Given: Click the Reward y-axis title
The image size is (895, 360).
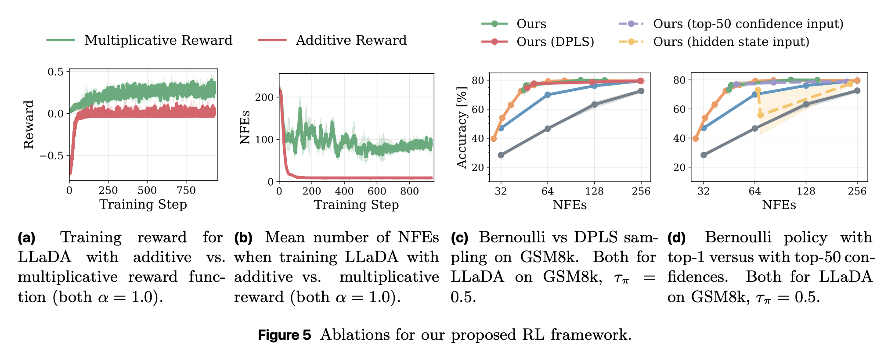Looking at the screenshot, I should point(29,125).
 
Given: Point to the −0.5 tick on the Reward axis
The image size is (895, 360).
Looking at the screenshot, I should point(51,156).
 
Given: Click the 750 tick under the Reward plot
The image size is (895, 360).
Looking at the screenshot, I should point(186,191).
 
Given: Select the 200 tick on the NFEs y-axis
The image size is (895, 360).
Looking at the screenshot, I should point(264,97).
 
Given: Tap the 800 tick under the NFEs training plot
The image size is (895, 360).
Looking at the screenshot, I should point(409,191).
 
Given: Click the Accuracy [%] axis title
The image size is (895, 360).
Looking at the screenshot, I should point(462,127).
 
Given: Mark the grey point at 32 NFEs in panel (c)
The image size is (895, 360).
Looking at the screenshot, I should point(501,155).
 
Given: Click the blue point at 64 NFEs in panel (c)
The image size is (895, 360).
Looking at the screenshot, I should point(548,95).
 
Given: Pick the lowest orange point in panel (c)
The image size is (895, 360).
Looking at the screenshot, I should point(494,139).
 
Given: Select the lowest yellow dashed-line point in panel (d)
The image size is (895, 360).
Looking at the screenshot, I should point(761,115).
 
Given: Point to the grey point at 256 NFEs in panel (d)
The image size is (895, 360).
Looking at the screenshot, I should point(857,91).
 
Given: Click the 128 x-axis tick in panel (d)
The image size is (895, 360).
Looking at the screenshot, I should point(806,191).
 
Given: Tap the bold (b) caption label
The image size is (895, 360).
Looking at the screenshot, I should point(243,238).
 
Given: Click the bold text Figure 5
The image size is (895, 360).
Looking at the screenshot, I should point(284,335).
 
